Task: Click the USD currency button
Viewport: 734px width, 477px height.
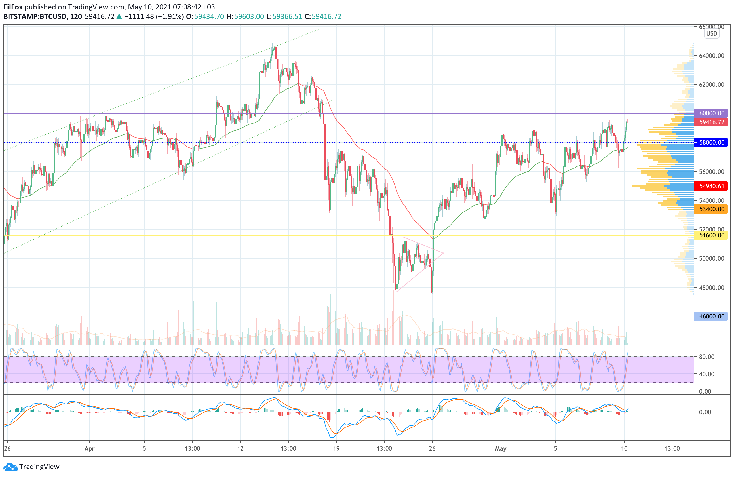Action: coord(712,34)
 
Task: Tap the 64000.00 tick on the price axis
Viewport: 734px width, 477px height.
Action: coord(712,56)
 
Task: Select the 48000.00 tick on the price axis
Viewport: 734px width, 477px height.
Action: coord(712,288)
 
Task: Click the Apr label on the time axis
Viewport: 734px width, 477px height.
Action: coord(89,449)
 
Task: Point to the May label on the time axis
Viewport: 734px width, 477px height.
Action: coord(501,449)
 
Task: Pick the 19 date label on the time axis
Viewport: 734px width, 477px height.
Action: coord(336,449)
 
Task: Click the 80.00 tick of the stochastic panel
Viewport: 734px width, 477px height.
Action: coord(706,357)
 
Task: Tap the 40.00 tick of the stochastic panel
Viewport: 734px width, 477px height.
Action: coord(706,374)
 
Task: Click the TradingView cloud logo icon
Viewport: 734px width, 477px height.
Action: coord(11,467)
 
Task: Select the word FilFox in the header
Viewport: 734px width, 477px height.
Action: coord(13,7)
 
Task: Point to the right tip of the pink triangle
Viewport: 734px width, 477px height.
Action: coord(443,253)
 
